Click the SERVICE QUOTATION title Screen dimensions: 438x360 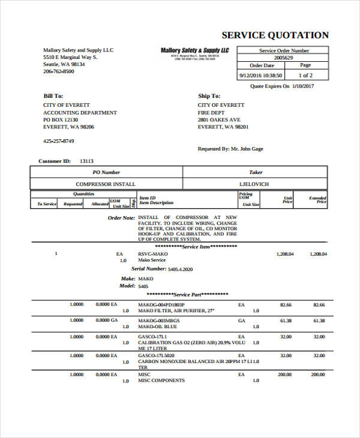[275, 35]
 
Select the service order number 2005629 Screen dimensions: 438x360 [283, 58]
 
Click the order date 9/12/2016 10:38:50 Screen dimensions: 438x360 [260, 75]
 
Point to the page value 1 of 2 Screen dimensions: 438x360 [305, 75]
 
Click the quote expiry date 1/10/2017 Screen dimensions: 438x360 [303, 86]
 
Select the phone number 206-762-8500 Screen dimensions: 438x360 [59, 71]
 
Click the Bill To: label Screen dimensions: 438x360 [53, 96]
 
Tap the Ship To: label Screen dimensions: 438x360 [209, 96]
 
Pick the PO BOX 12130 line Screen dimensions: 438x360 [61, 119]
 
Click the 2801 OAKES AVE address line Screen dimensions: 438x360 [219, 119]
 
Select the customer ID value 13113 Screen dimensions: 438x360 [86, 161]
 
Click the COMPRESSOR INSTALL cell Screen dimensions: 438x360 [106, 184]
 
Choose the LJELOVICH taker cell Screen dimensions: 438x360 [254, 184]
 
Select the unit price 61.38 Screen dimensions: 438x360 [286, 320]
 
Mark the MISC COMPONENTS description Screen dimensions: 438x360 [161, 381]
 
